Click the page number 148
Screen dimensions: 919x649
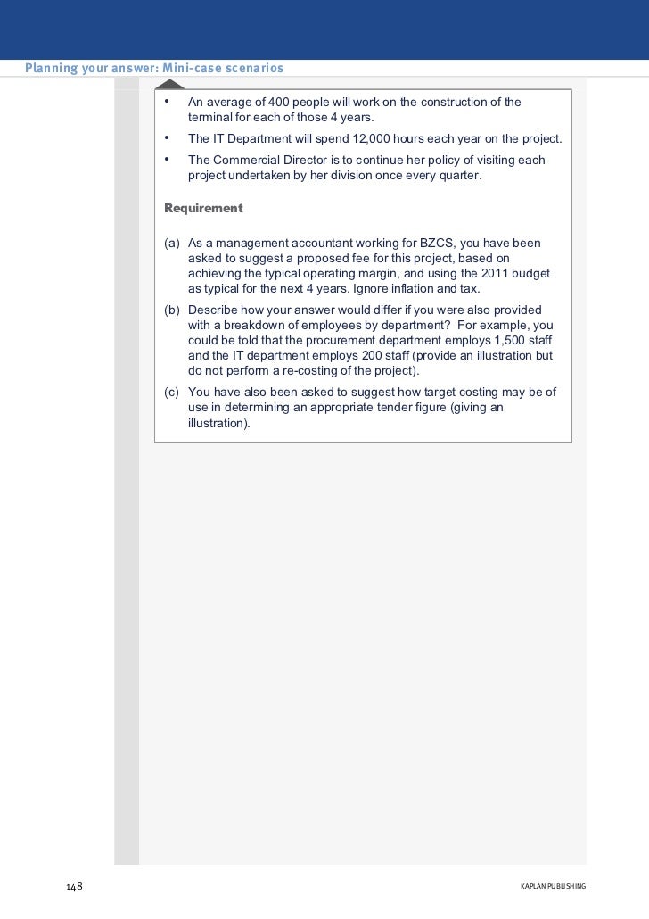click(x=74, y=887)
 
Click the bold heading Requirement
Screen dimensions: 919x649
click(x=203, y=209)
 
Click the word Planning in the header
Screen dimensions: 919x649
click(x=51, y=69)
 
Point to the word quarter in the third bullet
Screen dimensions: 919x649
click(x=458, y=176)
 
